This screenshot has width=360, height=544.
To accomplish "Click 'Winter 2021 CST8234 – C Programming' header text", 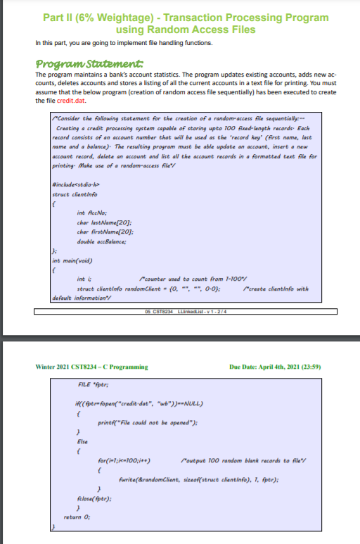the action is pyautogui.click(x=92, y=367).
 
